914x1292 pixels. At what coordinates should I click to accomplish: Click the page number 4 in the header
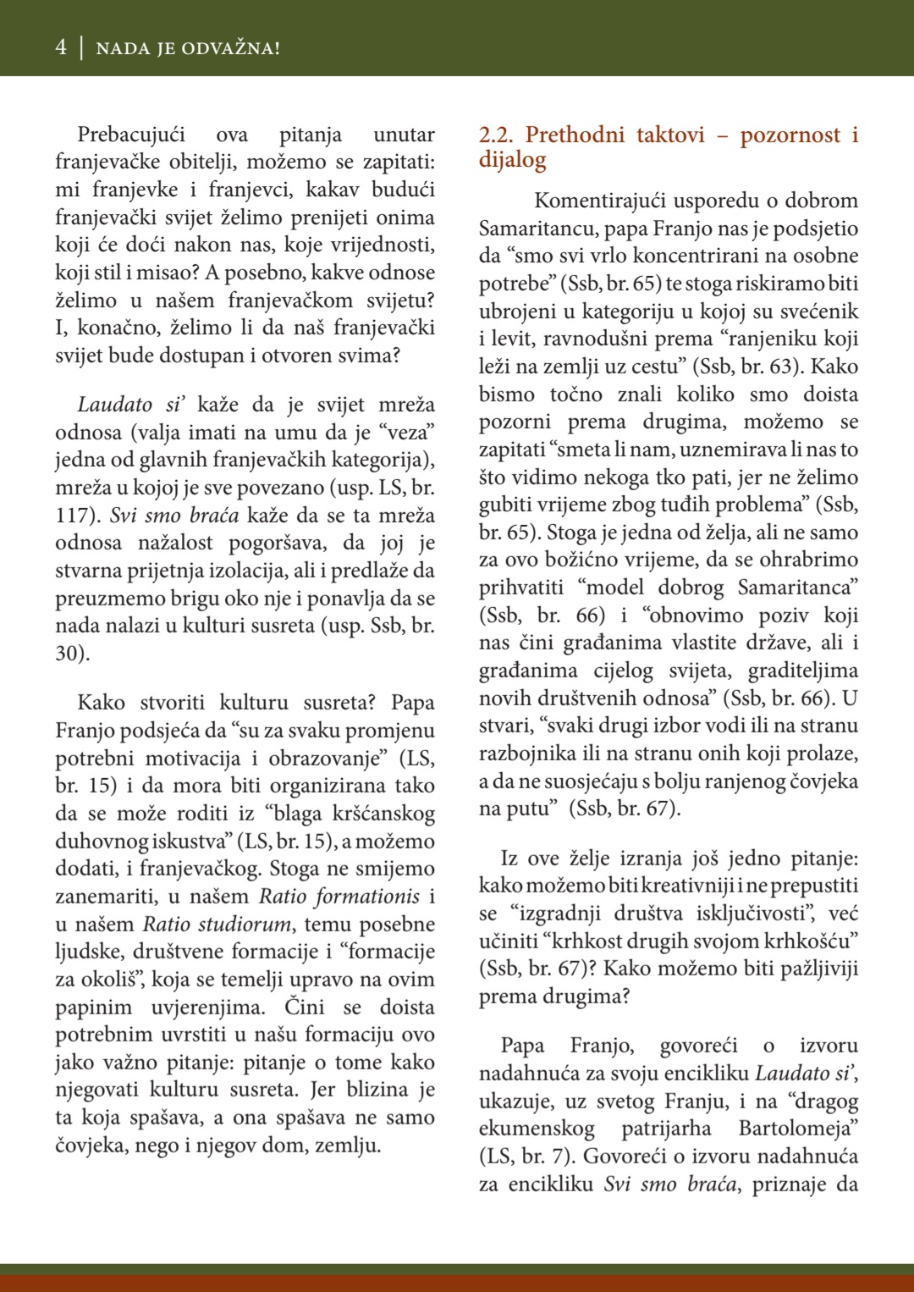[61, 47]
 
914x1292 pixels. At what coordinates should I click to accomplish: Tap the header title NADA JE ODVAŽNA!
[188, 48]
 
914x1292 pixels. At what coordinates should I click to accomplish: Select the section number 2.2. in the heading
[496, 135]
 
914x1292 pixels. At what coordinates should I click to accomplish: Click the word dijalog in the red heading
[512, 160]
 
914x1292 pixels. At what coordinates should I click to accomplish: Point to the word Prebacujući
[131, 135]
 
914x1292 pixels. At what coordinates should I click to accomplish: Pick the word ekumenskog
[537, 1129]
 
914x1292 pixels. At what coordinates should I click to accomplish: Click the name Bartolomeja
[797, 1129]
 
